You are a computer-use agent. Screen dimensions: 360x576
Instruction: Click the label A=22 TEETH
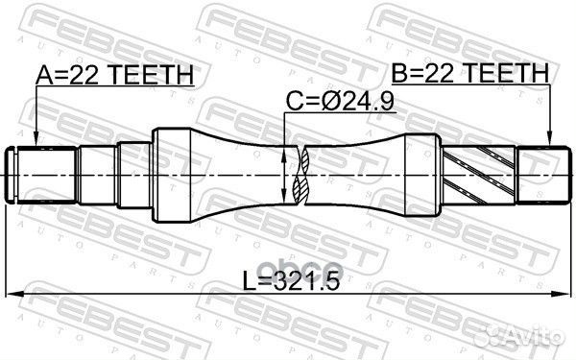(x=113, y=74)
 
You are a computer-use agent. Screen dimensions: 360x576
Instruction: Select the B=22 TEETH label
(x=468, y=74)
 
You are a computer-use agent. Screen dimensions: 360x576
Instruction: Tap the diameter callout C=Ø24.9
(x=327, y=99)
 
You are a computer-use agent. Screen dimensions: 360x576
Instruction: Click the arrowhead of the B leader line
(x=547, y=143)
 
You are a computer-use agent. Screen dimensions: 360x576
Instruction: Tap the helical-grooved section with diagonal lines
(x=480, y=176)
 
